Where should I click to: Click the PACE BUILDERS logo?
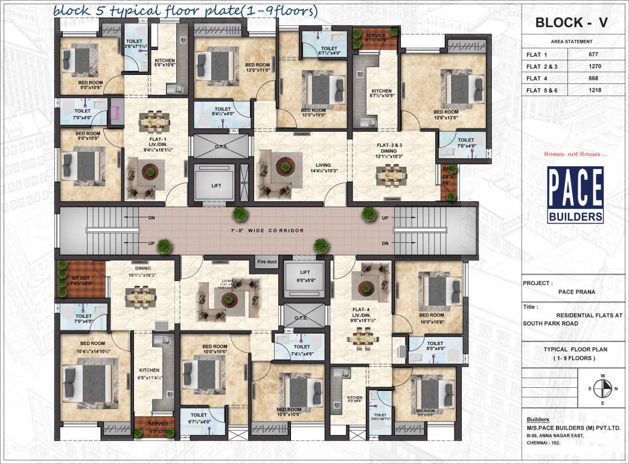(575, 195)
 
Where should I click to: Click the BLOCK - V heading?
(571, 24)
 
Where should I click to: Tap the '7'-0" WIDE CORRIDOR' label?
(267, 231)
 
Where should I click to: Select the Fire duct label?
(266, 263)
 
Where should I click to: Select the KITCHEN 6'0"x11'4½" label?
(149, 374)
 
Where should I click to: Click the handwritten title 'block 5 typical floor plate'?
(184, 11)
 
